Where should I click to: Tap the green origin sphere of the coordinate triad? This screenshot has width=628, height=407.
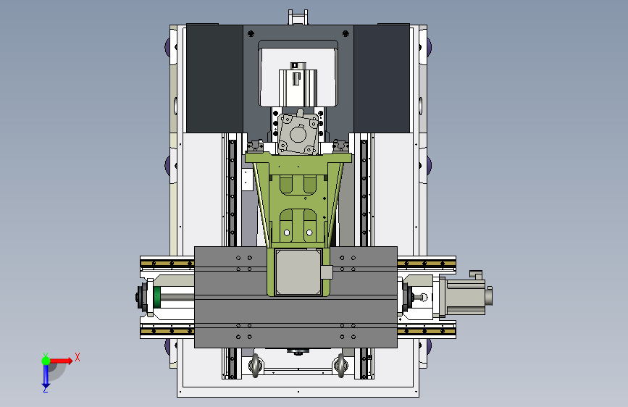46,361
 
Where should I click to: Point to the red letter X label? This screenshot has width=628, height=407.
78,357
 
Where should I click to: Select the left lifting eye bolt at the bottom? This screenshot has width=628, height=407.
255,365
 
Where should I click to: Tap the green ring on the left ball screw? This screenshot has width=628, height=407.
157,297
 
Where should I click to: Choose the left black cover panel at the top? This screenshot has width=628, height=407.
214,78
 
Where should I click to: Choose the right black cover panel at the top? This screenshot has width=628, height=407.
382,78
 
